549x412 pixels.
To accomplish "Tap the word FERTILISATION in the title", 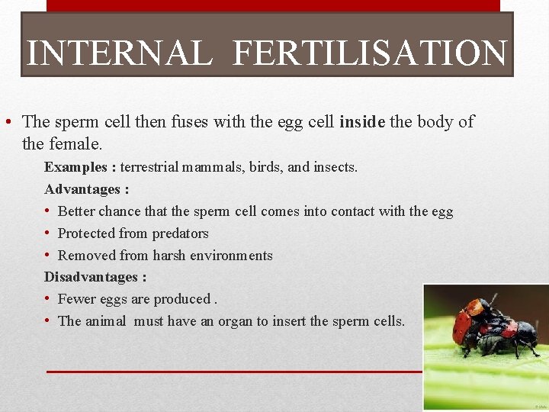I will point(369,53).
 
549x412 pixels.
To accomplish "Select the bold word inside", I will point(362,121).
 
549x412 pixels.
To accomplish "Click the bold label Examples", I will point(75,166).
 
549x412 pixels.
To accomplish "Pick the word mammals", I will point(213,166).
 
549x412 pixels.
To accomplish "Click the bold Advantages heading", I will point(86,188).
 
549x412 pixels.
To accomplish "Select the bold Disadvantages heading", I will point(95,277).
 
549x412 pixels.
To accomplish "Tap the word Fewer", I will point(76,299).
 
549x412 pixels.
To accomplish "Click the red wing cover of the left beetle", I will point(461,324).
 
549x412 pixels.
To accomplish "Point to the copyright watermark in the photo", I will point(541,407).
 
